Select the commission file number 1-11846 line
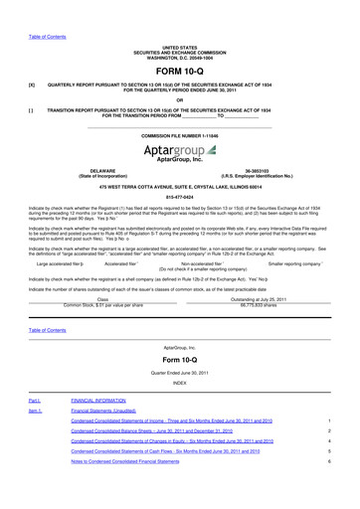tap(179, 133)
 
